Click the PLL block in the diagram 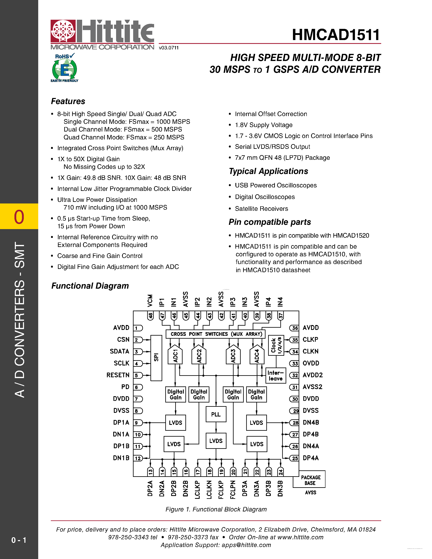tap(216, 414)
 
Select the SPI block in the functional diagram tap(156, 358)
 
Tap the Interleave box tap(276, 375)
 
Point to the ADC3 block tap(233, 356)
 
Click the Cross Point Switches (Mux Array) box tap(216, 334)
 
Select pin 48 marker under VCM tap(150, 315)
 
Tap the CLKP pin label tap(310, 339)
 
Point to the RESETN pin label tap(118, 375)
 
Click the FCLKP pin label tap(221, 489)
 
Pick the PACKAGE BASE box tap(310, 480)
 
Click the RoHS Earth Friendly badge tap(64, 68)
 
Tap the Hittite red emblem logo tap(63, 31)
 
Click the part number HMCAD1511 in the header tap(336, 35)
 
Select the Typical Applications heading tap(269, 171)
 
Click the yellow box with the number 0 tap(19, 216)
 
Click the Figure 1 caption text tap(216, 509)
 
